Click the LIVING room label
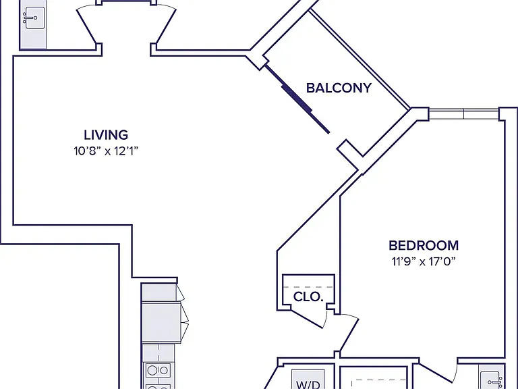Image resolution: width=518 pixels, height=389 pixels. tap(106, 135)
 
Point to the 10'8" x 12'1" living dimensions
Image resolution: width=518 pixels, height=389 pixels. tap(106, 151)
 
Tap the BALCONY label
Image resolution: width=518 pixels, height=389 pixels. tap(339, 88)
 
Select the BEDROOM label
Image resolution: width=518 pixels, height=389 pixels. tap(424, 245)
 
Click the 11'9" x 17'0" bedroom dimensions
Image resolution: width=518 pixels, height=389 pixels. tap(424, 261)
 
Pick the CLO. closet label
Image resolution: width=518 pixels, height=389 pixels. tap(308, 296)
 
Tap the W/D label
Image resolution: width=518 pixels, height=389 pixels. tap(308, 384)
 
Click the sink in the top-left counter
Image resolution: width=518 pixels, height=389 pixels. tap(33, 18)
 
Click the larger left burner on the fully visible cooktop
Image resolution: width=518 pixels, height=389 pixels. tap(152, 370)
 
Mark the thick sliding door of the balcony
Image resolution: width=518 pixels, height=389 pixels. tap(297, 99)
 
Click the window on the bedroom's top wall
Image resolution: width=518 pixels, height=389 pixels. tap(463, 113)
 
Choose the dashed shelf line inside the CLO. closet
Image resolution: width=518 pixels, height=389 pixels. tap(308, 287)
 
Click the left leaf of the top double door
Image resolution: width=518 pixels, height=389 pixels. tap(87, 26)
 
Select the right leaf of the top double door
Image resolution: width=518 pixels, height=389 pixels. tap(165, 26)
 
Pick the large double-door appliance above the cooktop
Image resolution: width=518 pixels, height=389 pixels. tap(161, 323)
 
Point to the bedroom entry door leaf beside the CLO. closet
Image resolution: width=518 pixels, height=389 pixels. tap(349, 334)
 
